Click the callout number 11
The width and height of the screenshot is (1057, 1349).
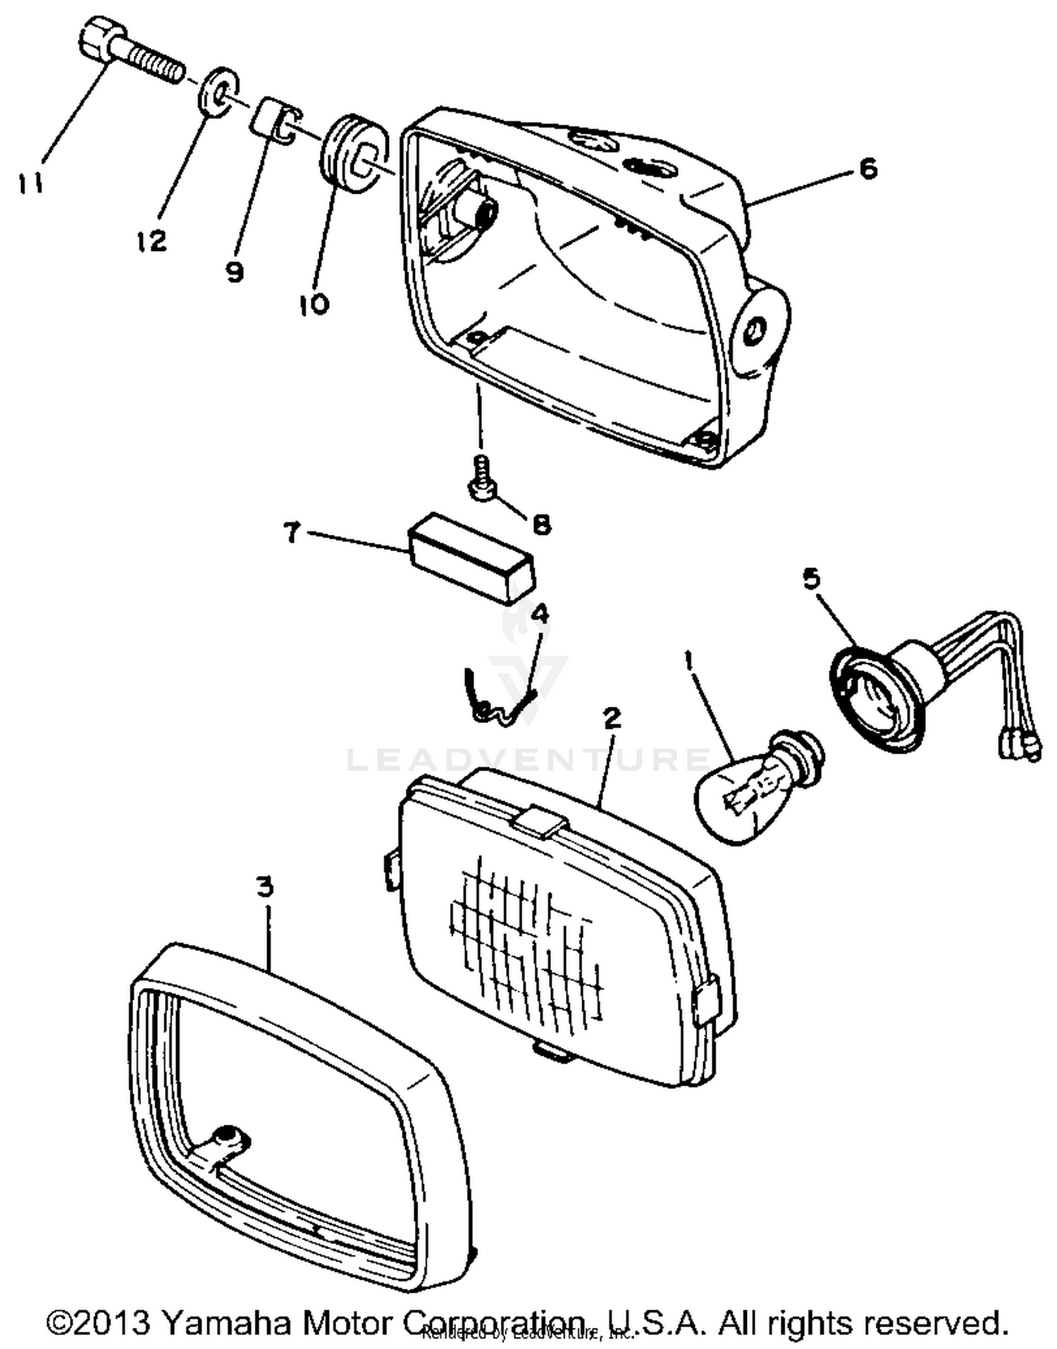pos(30,183)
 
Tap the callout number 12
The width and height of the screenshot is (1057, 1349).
pos(152,241)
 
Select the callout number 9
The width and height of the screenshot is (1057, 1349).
pos(235,271)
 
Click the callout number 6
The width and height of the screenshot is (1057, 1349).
pos(868,168)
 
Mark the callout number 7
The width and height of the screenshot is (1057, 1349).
pos(292,533)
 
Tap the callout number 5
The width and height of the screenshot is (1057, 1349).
pos(812,579)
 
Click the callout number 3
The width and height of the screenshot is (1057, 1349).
pos(264,887)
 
